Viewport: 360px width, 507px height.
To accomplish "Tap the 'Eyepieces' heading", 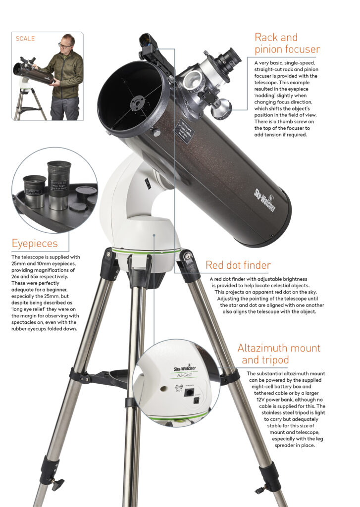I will tap(35, 243).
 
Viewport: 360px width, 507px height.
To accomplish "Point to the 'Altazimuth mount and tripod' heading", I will tap(278, 354).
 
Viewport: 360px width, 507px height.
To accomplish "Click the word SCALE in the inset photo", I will tap(25, 39).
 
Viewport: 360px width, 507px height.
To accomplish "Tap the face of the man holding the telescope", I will tap(66, 44).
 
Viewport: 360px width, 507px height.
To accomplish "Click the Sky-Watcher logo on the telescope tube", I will tap(265, 198).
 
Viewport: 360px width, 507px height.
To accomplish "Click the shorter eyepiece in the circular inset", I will tap(35, 191).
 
